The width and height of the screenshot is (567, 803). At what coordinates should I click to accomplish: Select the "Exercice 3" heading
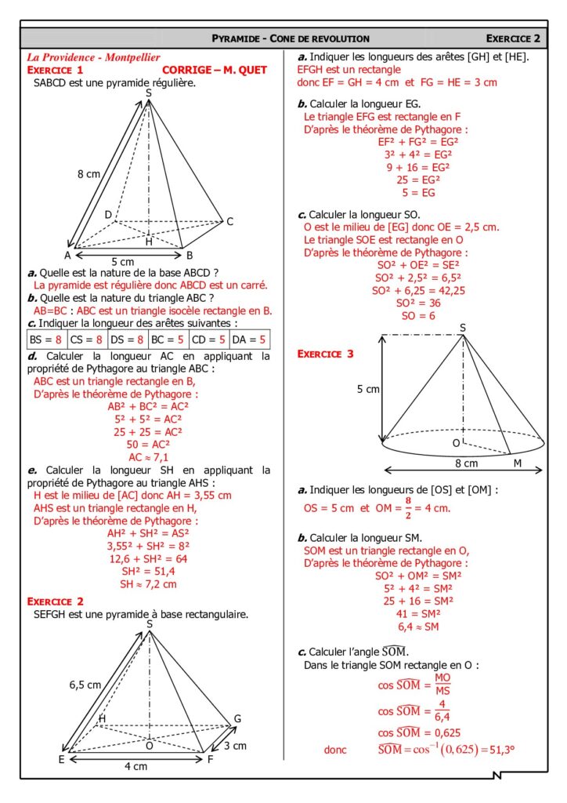(x=325, y=354)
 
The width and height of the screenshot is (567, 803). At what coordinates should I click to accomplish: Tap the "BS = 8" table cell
(x=45, y=340)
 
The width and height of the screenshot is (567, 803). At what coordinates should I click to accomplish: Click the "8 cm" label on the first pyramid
(x=88, y=174)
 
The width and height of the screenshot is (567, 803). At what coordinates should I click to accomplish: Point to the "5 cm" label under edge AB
(x=123, y=261)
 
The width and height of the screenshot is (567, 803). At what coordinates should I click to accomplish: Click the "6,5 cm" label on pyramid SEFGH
(x=85, y=684)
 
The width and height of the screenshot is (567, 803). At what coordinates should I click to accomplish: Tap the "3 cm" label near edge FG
(x=235, y=745)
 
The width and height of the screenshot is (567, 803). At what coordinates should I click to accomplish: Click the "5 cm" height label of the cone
(x=367, y=389)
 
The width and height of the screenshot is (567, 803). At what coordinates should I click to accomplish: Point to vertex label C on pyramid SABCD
(x=230, y=222)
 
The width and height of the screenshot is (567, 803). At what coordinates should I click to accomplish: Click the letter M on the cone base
(x=518, y=463)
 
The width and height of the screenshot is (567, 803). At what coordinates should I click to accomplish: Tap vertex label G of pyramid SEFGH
(x=237, y=719)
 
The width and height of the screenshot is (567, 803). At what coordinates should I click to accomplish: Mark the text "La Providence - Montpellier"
(x=93, y=58)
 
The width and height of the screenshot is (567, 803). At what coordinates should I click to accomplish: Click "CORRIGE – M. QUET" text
(x=215, y=70)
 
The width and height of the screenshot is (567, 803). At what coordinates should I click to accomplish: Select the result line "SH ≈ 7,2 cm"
(x=148, y=583)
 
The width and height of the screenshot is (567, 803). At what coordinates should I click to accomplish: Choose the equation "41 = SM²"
(x=418, y=615)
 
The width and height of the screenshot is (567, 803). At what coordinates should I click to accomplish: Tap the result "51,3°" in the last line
(x=498, y=750)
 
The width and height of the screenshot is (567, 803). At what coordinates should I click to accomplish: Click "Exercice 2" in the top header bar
(x=513, y=38)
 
